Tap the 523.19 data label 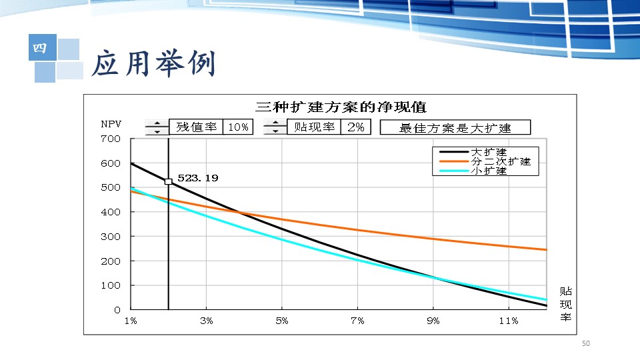(198, 178)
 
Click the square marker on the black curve (168, 181)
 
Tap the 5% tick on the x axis (282, 321)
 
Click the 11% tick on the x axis (509, 321)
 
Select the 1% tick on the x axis (131, 321)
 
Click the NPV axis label (111, 124)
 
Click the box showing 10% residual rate (238, 127)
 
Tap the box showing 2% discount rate (356, 127)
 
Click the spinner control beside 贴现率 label (275, 127)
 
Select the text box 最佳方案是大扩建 (455, 128)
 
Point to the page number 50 (586, 343)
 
